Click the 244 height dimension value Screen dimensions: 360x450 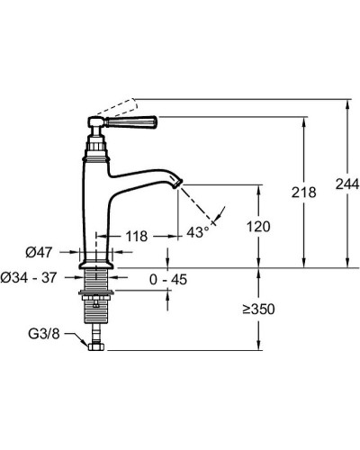[347, 184]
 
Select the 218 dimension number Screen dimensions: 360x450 [304, 193]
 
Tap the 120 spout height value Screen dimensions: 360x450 [258, 227]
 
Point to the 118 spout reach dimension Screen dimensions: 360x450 [137, 237]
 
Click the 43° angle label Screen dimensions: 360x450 [198, 232]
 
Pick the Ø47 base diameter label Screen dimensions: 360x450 [39, 253]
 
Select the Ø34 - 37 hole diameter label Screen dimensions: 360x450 [29, 278]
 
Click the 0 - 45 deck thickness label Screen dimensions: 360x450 [168, 280]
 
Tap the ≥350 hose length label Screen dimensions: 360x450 [259, 310]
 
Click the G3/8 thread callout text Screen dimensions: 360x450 [44, 334]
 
